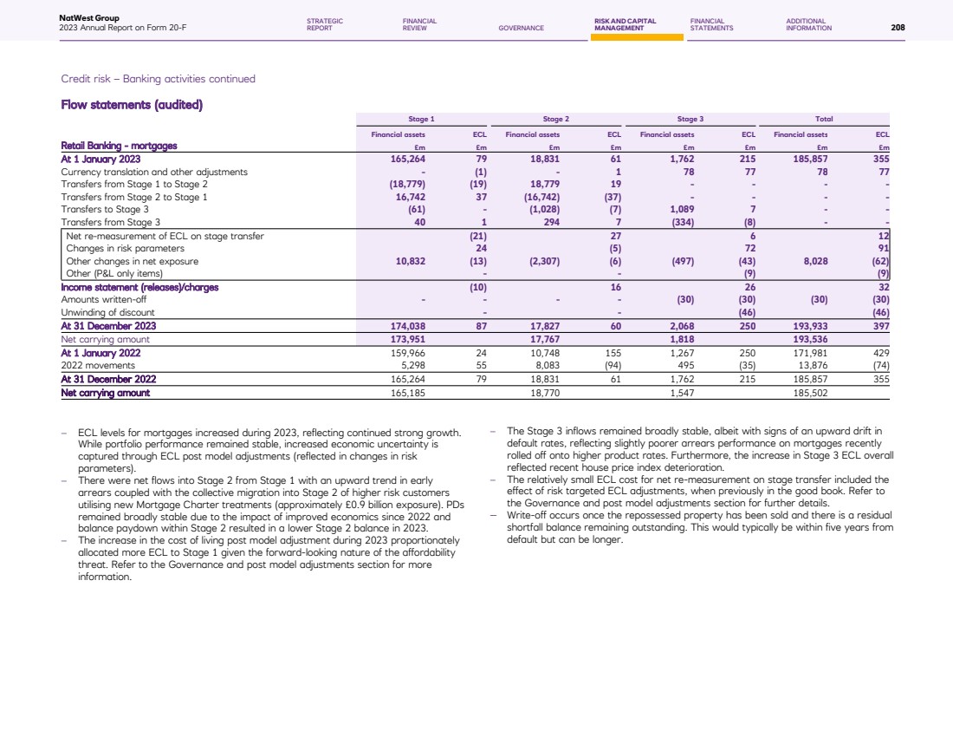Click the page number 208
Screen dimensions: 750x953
click(898, 28)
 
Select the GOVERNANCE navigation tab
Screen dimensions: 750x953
click(522, 28)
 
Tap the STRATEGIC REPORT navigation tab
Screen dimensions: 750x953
click(325, 24)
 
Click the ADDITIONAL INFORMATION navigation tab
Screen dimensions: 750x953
click(808, 24)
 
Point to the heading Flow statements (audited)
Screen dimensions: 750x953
click(132, 106)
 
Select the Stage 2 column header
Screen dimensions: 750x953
click(555, 118)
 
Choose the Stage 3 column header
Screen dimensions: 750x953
click(690, 118)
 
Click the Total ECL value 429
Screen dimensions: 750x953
click(881, 353)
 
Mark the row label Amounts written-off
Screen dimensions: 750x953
click(103, 300)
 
